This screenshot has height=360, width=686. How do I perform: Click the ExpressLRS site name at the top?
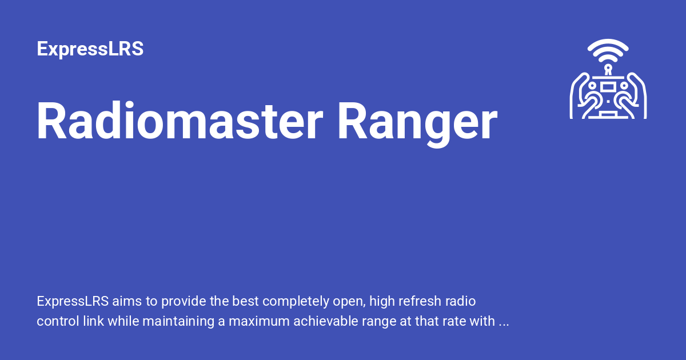pos(90,49)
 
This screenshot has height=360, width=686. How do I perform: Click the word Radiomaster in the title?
pos(175,122)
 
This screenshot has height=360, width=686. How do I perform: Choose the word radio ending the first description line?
pos(461,301)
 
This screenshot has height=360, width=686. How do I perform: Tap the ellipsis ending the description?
pos(504,321)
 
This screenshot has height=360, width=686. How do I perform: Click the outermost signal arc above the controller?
pos(608,45)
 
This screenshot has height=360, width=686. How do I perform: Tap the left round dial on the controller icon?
pos(593,85)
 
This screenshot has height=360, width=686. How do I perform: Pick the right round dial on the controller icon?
pos(624,85)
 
